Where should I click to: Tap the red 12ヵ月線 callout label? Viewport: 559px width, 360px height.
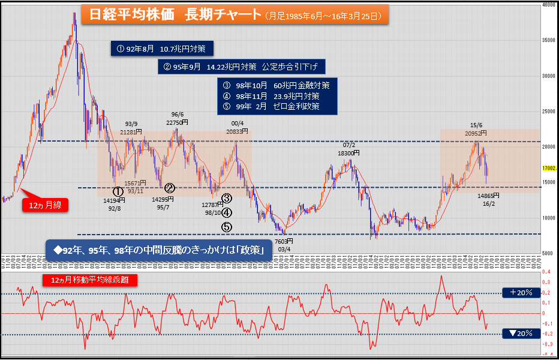point(45,205)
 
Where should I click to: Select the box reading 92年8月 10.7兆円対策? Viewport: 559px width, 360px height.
point(162,48)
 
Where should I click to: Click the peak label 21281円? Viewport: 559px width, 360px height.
point(131,131)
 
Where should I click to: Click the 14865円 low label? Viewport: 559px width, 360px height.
point(488,196)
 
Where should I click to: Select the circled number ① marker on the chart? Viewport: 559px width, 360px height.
point(118,190)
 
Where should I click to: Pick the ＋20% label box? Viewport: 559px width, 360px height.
point(518,293)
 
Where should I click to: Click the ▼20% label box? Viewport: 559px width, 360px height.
point(518,333)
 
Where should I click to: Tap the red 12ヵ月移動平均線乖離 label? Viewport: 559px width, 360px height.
point(91,280)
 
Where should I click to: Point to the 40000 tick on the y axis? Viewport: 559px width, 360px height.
point(548,4)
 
